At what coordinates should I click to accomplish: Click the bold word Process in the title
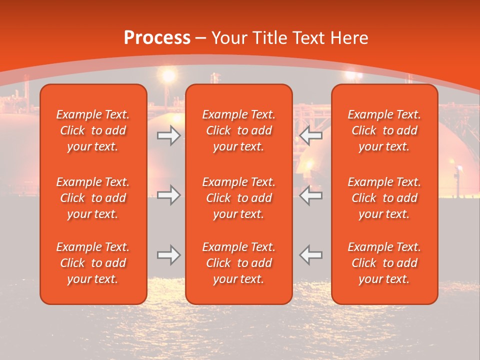click(157, 38)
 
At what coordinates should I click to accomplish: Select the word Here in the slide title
click(349, 38)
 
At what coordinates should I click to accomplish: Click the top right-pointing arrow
click(169, 135)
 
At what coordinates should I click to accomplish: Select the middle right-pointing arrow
click(169, 195)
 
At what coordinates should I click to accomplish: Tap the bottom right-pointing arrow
click(169, 255)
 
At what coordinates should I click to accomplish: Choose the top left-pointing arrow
click(311, 135)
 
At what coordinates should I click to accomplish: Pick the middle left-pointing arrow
click(311, 195)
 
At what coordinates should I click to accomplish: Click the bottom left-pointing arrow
click(311, 255)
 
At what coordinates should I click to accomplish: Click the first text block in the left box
click(93, 130)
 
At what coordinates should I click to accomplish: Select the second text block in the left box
click(93, 198)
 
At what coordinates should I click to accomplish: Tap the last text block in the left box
click(93, 263)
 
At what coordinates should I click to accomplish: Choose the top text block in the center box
click(239, 130)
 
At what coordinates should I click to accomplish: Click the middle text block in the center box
click(239, 198)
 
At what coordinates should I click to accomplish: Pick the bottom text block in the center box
click(239, 263)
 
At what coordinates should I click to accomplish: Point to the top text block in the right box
click(384, 130)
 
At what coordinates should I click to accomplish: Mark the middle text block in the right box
click(384, 198)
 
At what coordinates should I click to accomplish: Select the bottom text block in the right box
click(384, 263)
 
